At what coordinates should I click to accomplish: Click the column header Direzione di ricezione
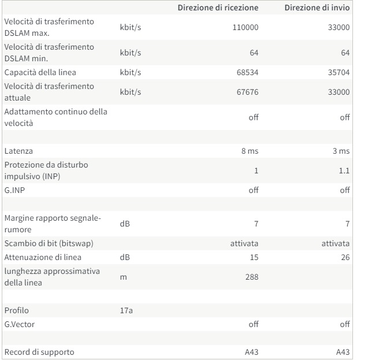click(x=218, y=8)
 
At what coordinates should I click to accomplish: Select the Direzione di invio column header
click(x=317, y=8)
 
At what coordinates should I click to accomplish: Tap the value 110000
click(x=246, y=27)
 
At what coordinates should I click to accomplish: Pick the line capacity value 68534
click(x=247, y=72)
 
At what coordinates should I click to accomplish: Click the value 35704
click(x=339, y=72)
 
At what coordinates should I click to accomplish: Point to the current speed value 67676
click(x=247, y=92)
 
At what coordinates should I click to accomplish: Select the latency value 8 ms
click(x=250, y=151)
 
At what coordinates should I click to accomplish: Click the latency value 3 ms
click(x=341, y=151)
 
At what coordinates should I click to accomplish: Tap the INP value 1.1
click(x=344, y=170)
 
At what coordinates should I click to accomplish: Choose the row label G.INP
click(x=14, y=190)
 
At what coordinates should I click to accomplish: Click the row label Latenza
click(x=18, y=151)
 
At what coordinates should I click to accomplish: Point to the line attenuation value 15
click(x=254, y=257)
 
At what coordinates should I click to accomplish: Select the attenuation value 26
click(x=345, y=257)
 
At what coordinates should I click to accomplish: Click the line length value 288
click(x=252, y=277)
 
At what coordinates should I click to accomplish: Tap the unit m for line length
click(x=123, y=277)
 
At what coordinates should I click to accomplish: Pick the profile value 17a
click(x=127, y=310)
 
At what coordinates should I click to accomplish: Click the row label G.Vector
click(x=20, y=324)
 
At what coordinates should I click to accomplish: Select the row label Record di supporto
click(x=39, y=352)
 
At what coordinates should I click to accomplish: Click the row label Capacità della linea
click(x=40, y=72)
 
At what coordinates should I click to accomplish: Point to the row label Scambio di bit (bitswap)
click(x=49, y=243)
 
